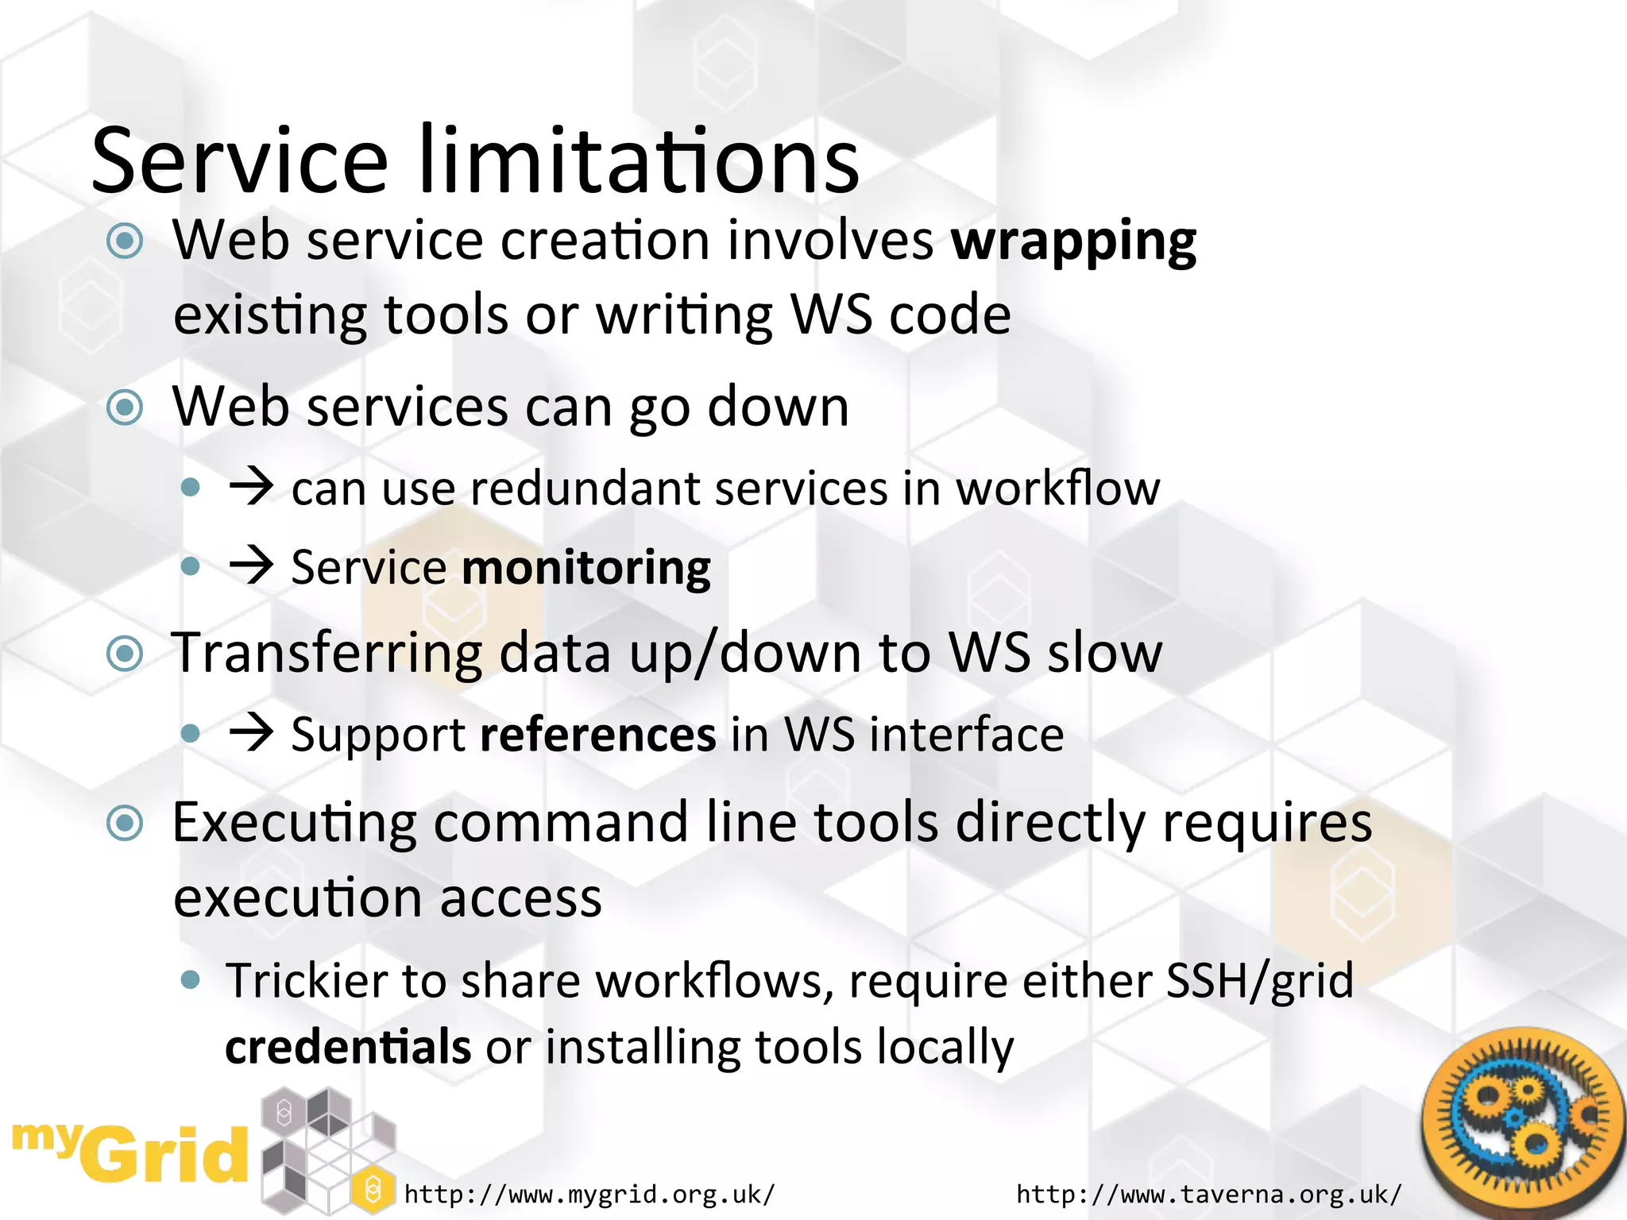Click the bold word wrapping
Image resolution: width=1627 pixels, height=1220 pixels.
[1073, 241]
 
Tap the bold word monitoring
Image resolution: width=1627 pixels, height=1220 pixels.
[585, 569]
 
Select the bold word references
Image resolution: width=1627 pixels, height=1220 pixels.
[598, 735]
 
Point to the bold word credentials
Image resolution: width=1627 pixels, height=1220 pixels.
[348, 1047]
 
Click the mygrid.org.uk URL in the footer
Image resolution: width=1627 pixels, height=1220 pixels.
[589, 1194]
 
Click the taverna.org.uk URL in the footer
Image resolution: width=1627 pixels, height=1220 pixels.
[1208, 1194]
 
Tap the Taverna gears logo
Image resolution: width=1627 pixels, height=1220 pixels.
[1521, 1119]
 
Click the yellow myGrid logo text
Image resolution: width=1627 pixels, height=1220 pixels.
[131, 1152]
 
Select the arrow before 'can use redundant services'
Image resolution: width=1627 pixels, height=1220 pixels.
[251, 487]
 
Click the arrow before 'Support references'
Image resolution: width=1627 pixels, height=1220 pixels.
[251, 733]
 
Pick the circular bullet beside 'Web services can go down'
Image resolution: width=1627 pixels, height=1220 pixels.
[125, 408]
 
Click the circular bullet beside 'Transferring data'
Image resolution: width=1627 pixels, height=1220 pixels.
[125, 654]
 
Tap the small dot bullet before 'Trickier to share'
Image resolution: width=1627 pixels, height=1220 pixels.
[190, 979]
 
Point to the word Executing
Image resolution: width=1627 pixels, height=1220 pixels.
[294, 823]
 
